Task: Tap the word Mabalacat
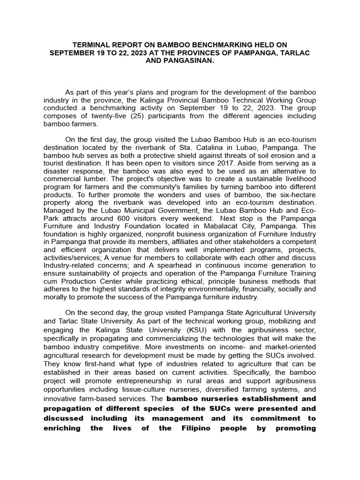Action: tap(210, 228)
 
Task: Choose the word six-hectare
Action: tap(296, 196)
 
